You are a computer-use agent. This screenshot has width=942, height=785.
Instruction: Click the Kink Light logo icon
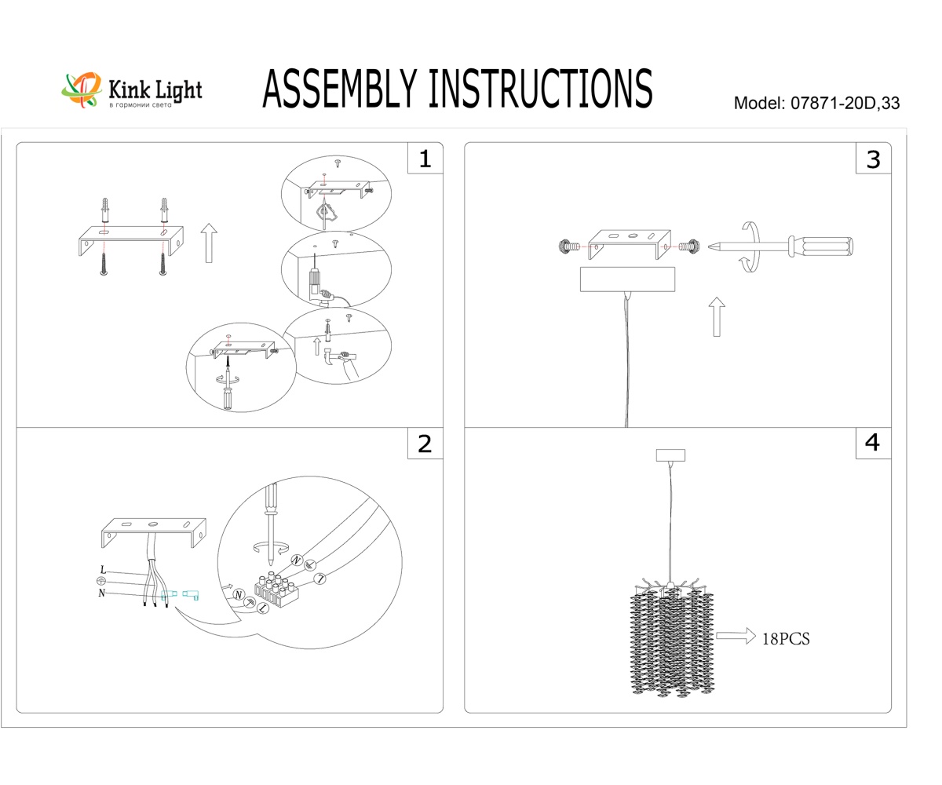tap(82, 89)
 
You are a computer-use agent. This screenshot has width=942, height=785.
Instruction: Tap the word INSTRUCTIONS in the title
tap(540, 88)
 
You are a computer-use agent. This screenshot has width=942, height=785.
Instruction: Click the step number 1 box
tap(425, 159)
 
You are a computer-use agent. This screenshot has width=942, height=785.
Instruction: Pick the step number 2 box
tap(425, 444)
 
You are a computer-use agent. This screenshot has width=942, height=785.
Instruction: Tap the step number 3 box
tap(873, 159)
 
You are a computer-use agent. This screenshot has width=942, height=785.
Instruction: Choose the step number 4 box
tap(873, 444)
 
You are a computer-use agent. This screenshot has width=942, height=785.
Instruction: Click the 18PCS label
tap(785, 639)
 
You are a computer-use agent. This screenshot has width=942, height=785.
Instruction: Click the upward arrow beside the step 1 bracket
tap(208, 242)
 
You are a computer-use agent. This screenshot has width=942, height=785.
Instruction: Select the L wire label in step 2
tap(103, 569)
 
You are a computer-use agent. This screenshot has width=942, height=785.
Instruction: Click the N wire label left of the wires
tap(102, 593)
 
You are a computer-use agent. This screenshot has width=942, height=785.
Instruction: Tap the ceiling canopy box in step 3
tap(627, 279)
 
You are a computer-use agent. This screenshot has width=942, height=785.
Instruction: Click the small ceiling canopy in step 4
tap(670, 455)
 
